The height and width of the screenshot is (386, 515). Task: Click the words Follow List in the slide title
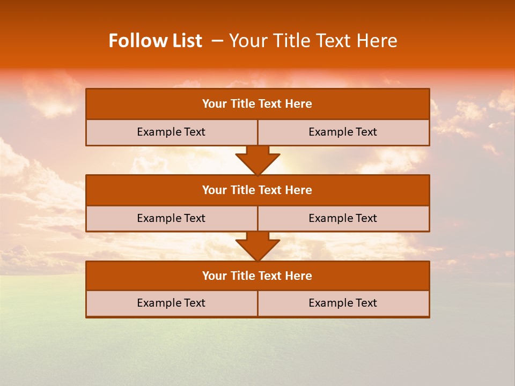click(155, 41)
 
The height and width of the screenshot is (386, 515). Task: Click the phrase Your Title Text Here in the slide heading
click(313, 41)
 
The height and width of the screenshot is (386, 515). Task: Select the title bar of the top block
click(257, 104)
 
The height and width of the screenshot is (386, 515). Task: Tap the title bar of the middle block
click(257, 190)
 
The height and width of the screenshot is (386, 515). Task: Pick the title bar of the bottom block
click(257, 276)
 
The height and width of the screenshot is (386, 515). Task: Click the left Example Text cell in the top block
click(172, 132)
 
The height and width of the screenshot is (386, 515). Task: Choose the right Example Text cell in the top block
click(343, 132)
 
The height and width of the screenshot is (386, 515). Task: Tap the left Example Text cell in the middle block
click(172, 218)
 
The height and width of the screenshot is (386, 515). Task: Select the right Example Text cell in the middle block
click(343, 218)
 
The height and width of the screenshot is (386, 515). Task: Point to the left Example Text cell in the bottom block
click(172, 303)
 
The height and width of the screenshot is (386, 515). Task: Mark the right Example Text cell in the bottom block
click(343, 303)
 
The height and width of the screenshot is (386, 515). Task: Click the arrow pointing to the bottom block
click(257, 246)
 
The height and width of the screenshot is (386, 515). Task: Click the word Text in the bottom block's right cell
click(366, 303)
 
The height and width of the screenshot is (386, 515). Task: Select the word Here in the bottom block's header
click(299, 276)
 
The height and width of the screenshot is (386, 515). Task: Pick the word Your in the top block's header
click(215, 104)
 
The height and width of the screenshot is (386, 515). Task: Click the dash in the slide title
click(217, 41)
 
